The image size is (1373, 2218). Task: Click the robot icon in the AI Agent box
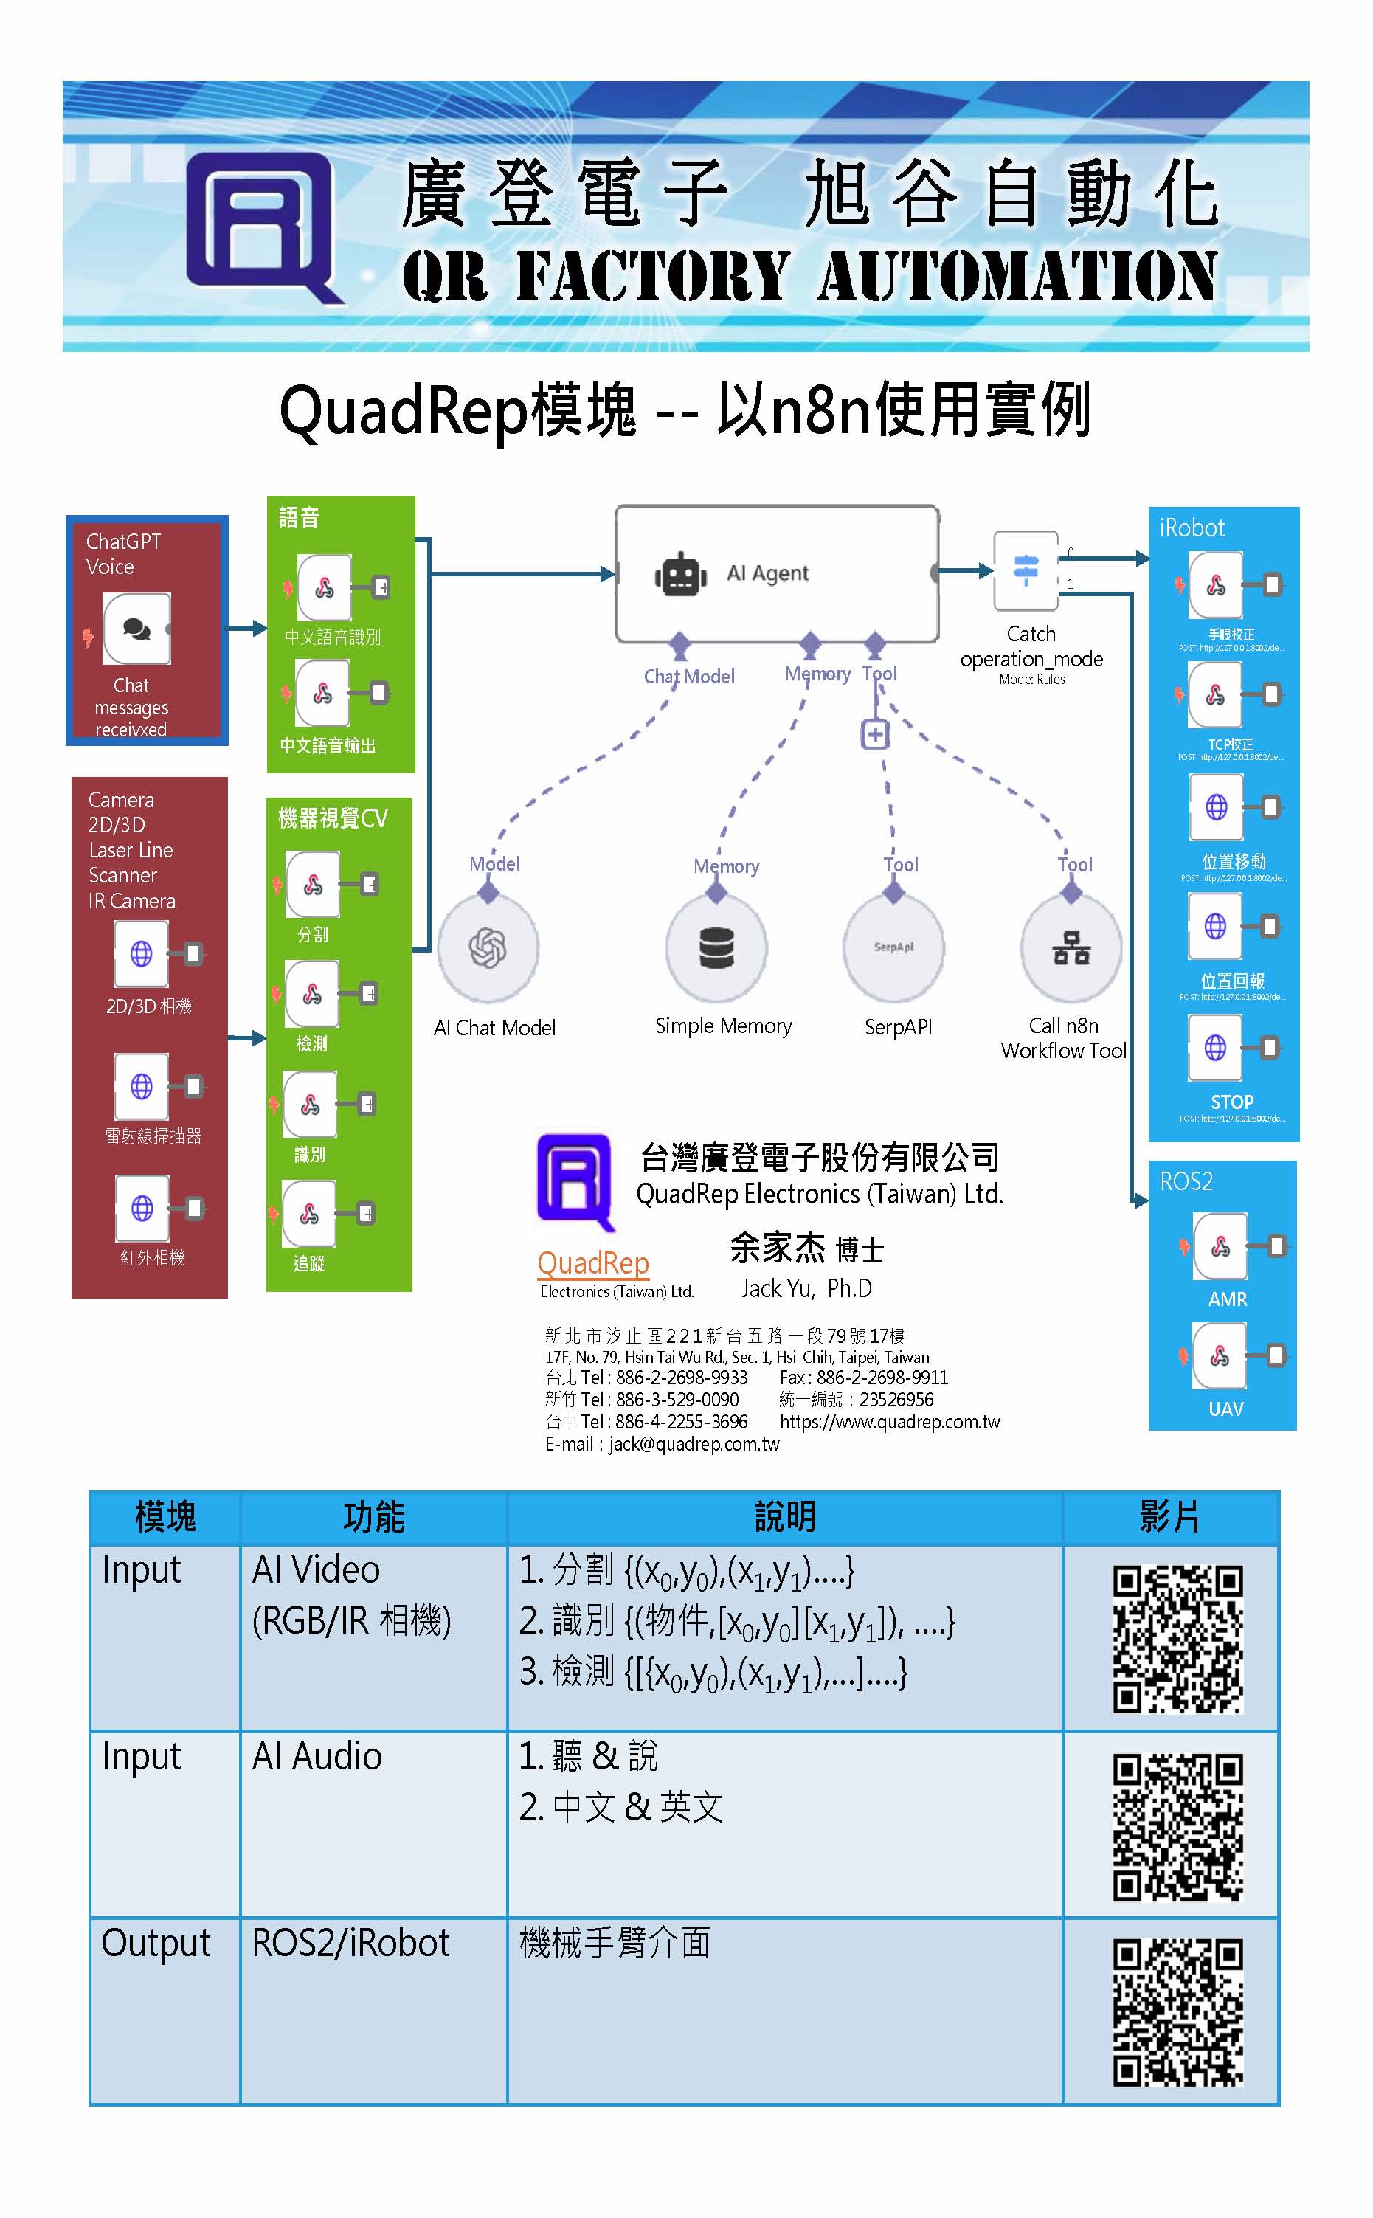680,575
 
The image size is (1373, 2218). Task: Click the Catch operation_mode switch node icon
1026,570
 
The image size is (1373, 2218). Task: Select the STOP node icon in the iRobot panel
1215,1048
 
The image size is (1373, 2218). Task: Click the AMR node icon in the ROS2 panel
1220,1246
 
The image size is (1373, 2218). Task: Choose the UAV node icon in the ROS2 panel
1220,1355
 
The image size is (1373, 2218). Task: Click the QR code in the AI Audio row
1177,1828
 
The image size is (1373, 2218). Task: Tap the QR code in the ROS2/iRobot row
1177,2013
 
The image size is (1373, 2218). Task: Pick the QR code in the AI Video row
1177,1640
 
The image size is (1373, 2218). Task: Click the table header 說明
784,1518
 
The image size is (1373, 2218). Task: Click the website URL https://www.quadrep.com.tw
889,1422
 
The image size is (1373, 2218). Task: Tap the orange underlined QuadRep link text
593,1263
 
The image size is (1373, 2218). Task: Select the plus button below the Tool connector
874,734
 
